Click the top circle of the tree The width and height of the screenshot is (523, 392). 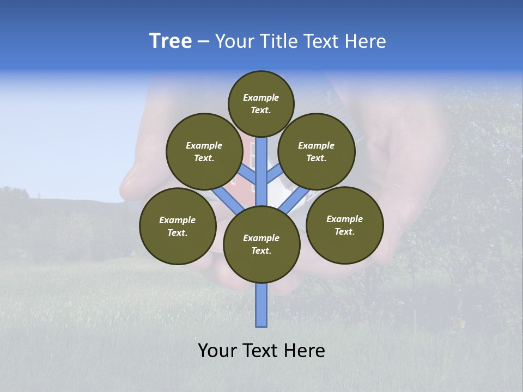coord(261,103)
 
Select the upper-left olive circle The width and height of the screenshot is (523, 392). coord(204,151)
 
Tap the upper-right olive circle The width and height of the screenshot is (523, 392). coord(317,151)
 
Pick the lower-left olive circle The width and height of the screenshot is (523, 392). coord(177,226)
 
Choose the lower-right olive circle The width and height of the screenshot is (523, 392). coord(344,225)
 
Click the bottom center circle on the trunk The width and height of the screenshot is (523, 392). coord(261,244)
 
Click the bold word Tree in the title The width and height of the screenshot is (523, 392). coord(171,41)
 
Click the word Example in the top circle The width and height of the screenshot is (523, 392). coord(261,97)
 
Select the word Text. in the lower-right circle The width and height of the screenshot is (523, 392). coord(344,231)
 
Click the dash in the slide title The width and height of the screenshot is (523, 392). coord(203,41)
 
